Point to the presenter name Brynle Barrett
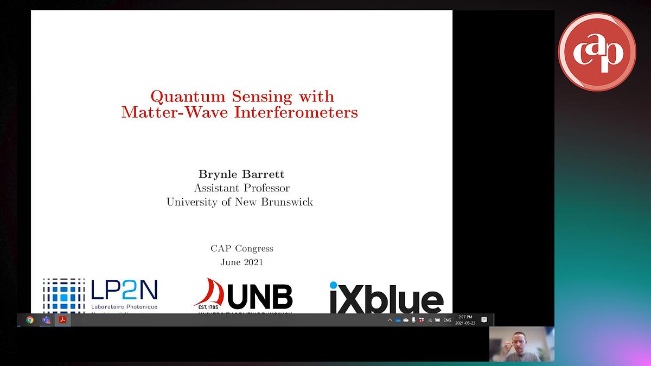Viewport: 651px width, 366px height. click(x=241, y=174)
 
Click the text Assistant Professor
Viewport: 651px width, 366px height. click(x=241, y=188)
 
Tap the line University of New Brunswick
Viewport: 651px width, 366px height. click(x=240, y=202)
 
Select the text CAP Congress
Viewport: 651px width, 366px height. click(x=242, y=249)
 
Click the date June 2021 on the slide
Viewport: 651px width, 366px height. click(x=242, y=262)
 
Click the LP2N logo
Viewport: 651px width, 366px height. click(x=101, y=296)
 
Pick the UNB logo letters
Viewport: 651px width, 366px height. click(x=260, y=297)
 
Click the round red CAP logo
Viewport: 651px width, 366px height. click(x=597, y=52)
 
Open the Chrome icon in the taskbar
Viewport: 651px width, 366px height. click(x=30, y=320)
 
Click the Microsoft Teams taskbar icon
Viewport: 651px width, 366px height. click(x=46, y=320)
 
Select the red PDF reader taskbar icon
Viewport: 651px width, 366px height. click(x=62, y=320)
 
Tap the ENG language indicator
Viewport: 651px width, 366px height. click(x=447, y=320)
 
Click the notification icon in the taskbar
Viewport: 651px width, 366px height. click(x=484, y=320)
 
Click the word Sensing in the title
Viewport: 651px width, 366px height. click(x=263, y=97)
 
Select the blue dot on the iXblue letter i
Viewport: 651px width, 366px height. click(x=334, y=285)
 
